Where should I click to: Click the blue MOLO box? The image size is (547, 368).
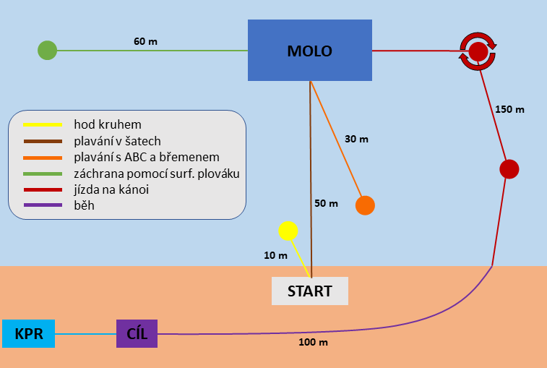(310, 51)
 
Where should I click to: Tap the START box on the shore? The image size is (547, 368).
(309, 291)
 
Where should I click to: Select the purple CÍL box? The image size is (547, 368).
(137, 333)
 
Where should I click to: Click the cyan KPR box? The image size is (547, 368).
(28, 333)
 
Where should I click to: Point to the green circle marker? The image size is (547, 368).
(47, 51)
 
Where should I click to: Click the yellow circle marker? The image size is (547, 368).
(288, 231)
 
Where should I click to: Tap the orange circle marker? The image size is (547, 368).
(365, 205)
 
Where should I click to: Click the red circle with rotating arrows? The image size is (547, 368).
(478, 51)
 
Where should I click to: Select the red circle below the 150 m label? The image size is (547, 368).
(509, 169)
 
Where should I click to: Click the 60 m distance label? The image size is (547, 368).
(145, 41)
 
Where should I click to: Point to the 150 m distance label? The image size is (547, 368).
(509, 109)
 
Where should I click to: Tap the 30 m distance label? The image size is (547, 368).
(356, 138)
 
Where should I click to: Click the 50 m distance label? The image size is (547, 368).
(326, 203)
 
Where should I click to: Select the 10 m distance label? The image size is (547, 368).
(275, 255)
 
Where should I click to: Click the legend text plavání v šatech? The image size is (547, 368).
(117, 140)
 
